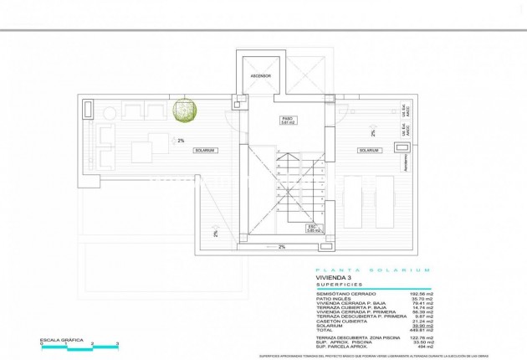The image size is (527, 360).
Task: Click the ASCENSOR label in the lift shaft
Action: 260,76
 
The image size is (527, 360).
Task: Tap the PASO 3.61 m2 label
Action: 289,121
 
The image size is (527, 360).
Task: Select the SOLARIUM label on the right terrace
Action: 369,151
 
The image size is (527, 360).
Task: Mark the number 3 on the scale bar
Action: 117,344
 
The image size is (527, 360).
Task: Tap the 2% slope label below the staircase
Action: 282,247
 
